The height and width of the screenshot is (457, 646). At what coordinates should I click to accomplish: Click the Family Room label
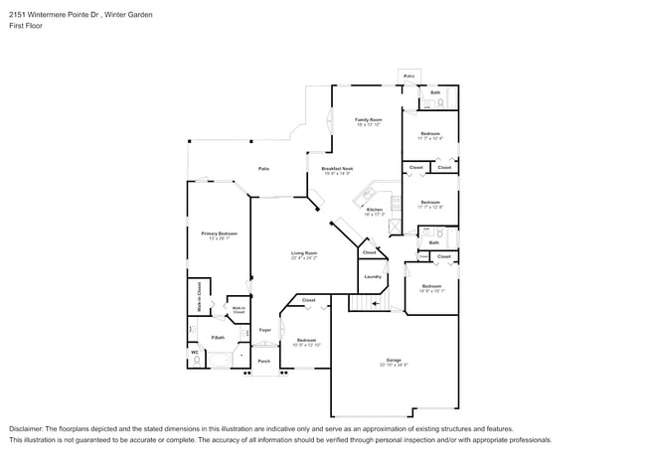[x=368, y=120]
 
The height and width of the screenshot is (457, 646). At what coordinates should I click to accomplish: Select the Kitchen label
[x=375, y=210]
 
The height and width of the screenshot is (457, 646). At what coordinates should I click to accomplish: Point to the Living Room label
[x=304, y=253]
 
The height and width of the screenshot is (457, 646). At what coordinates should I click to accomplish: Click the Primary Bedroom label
[x=220, y=233]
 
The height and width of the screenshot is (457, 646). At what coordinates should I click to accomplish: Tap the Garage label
[x=394, y=360]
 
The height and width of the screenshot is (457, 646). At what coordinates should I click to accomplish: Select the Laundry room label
[x=373, y=277]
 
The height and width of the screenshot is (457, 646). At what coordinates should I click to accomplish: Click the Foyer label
[x=265, y=330]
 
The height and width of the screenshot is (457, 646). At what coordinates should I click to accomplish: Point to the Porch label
[x=264, y=361]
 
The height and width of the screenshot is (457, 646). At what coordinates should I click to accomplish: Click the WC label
[x=194, y=351]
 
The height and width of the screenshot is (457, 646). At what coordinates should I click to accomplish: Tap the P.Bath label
[x=216, y=338]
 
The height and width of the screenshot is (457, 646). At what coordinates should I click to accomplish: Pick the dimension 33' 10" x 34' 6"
[x=394, y=365]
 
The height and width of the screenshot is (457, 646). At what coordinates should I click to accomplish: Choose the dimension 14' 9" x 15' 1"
[x=431, y=291]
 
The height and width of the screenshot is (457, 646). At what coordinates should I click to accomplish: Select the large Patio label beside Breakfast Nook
[x=263, y=169]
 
